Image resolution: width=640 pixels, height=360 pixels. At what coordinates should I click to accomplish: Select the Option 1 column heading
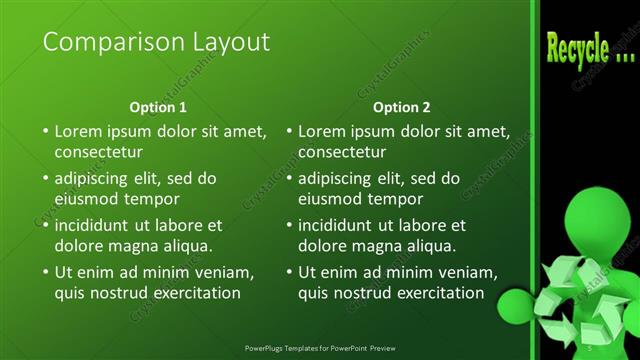point(158,107)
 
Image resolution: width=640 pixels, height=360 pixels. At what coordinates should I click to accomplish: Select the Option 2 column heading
point(401,107)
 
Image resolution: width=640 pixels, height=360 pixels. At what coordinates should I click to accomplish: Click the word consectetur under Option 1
point(98,152)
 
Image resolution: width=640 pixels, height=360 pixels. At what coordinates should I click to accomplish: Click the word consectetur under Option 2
point(342,152)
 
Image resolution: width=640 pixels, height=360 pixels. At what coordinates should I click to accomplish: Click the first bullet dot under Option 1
point(44,131)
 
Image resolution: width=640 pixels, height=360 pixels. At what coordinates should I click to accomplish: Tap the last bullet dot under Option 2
point(288,272)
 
